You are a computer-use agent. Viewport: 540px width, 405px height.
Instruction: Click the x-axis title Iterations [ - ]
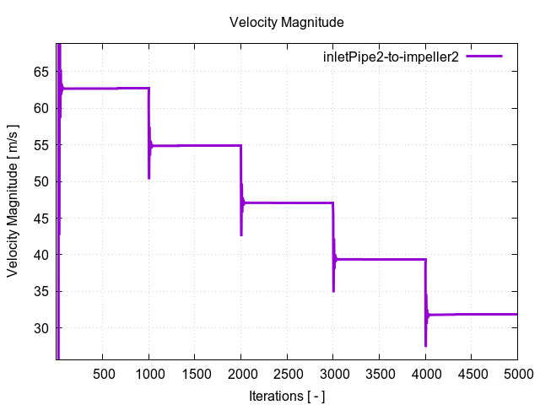tap(287, 395)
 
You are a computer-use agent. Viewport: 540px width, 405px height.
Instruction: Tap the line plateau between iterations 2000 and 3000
tap(287, 202)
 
